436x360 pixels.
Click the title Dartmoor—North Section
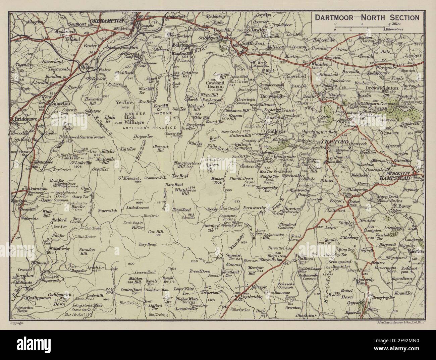(366, 18)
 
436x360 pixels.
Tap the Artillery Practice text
(149, 128)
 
